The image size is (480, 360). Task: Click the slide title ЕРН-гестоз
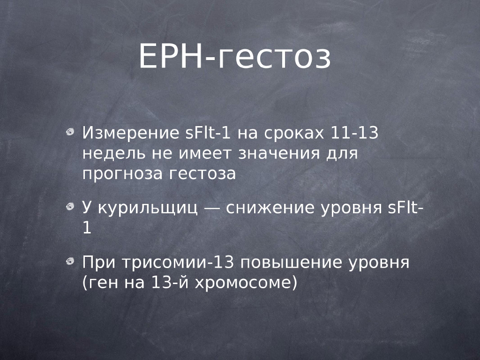[x=235, y=57]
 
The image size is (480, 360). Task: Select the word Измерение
[x=131, y=133]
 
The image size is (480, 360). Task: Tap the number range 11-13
[x=354, y=133]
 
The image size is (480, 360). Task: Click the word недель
[x=114, y=153]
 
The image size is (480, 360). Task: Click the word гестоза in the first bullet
[x=202, y=173]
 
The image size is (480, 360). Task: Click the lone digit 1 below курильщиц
[x=87, y=228]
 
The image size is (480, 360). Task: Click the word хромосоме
[x=241, y=283]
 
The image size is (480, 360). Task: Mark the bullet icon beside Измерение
[x=70, y=132]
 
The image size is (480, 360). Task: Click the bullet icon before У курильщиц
[x=70, y=207]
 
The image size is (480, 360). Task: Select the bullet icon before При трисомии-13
[x=70, y=261]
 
